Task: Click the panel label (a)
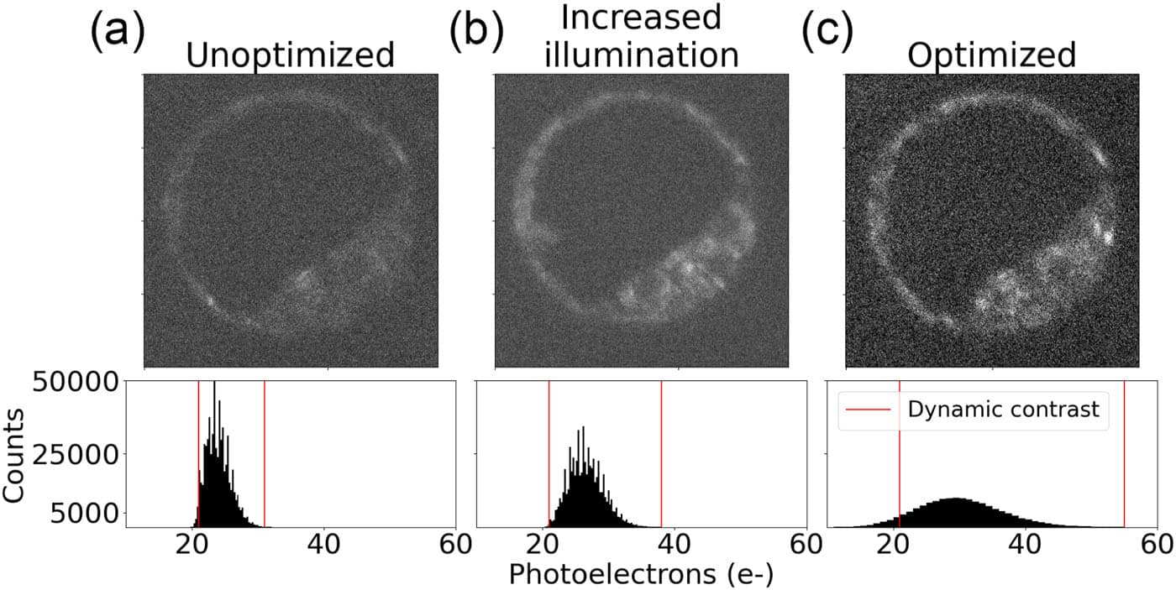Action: point(117,34)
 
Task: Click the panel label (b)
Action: point(476,34)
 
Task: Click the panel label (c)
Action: point(827,34)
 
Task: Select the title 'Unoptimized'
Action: point(290,55)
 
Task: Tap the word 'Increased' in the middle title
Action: point(642,18)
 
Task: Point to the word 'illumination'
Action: point(642,55)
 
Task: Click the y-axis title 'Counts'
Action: point(14,454)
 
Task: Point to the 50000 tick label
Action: point(80,384)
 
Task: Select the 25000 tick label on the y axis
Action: point(80,454)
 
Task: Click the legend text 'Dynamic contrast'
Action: point(1003,410)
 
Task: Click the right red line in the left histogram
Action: point(265,454)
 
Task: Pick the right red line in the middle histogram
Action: point(661,454)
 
